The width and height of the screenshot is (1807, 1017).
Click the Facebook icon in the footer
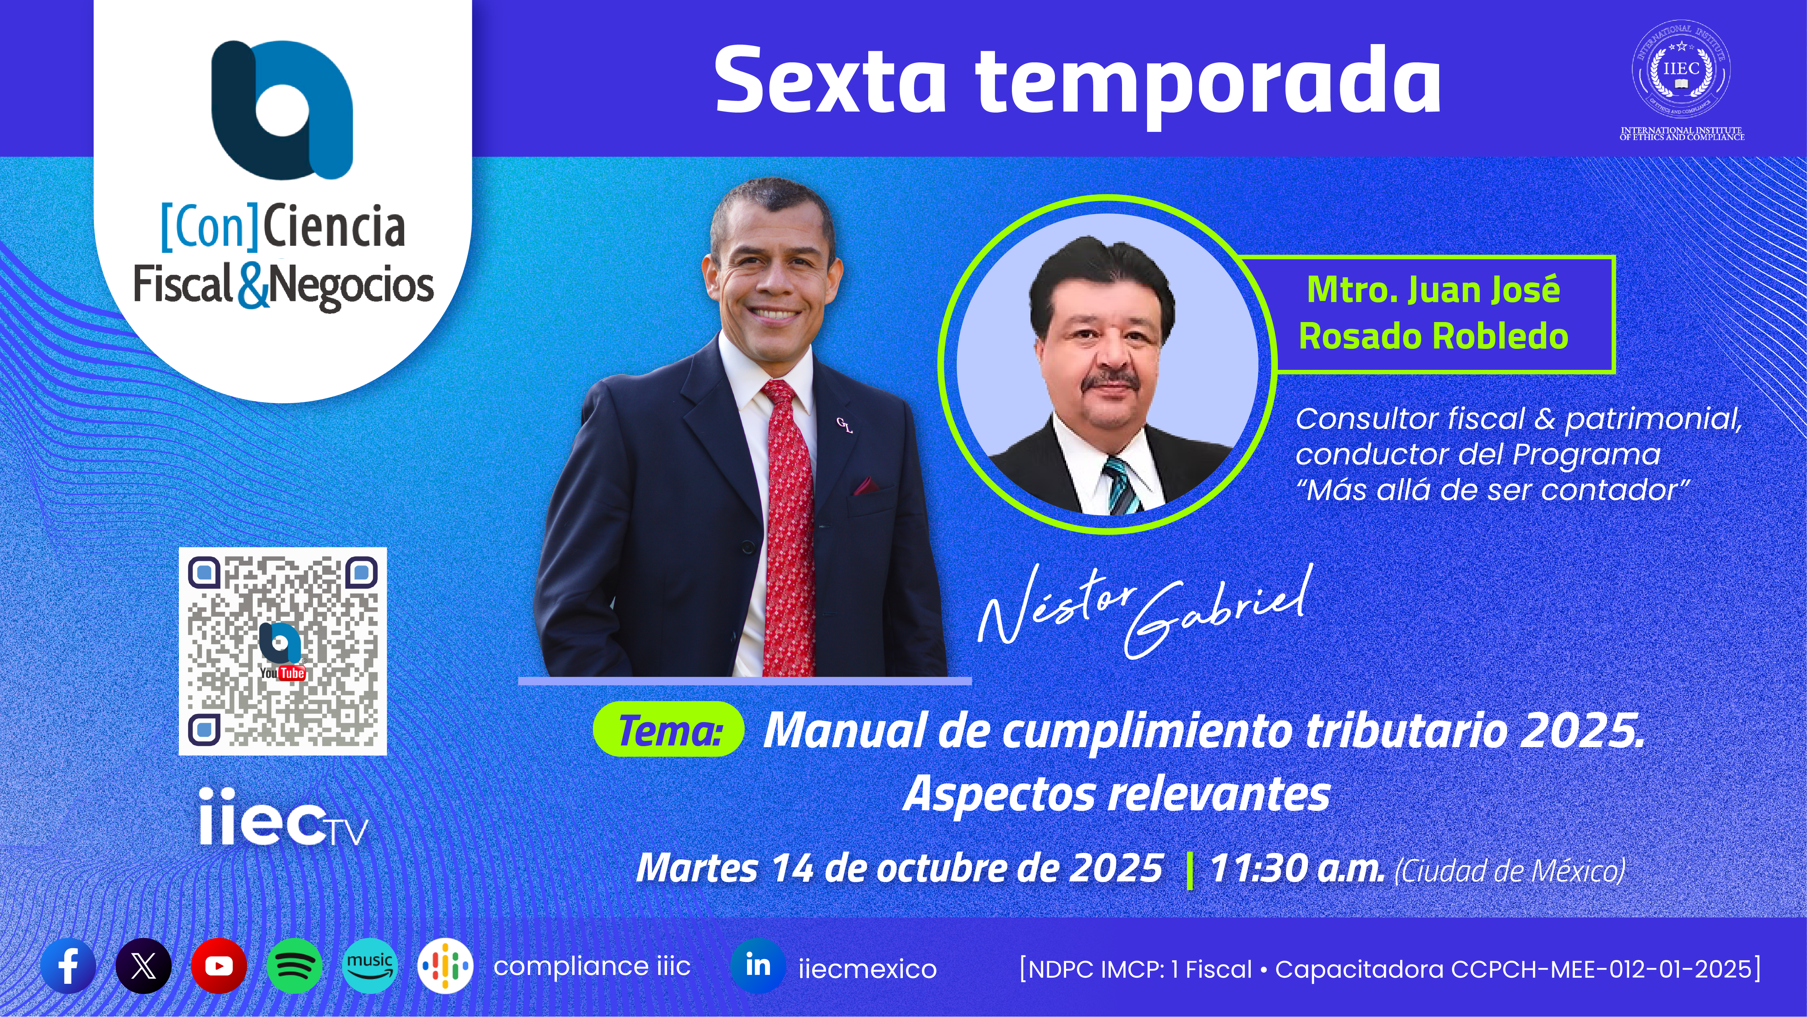click(x=68, y=966)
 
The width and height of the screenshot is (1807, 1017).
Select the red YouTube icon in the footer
click(x=219, y=966)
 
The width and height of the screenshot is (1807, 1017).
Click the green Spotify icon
click(x=295, y=966)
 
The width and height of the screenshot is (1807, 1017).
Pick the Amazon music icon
click(x=370, y=966)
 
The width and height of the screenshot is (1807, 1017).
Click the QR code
click(x=283, y=651)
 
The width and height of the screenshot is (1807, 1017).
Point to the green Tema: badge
click(x=668, y=730)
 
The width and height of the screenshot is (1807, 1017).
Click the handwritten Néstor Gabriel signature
click(x=1143, y=611)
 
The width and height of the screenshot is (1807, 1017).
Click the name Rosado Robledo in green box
click(x=1433, y=336)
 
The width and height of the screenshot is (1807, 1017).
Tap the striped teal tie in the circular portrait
click(x=1122, y=484)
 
